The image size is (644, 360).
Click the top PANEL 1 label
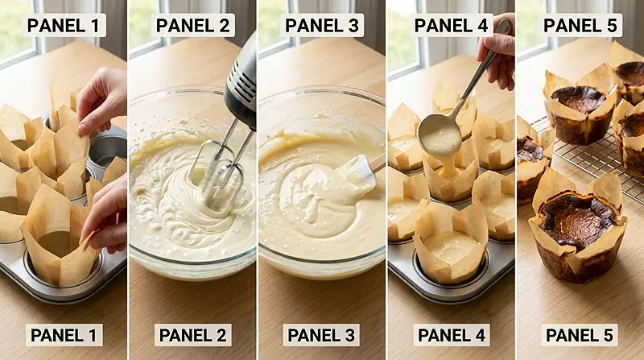[64, 26]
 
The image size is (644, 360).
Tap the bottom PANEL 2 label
[192, 335]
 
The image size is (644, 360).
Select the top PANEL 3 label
[321, 26]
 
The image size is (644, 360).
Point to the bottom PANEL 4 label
[452, 335]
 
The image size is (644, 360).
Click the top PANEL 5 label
[580, 26]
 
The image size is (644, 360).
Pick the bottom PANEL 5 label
[580, 335]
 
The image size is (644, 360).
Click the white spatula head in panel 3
[357, 172]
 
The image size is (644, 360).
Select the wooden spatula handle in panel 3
[378, 163]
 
